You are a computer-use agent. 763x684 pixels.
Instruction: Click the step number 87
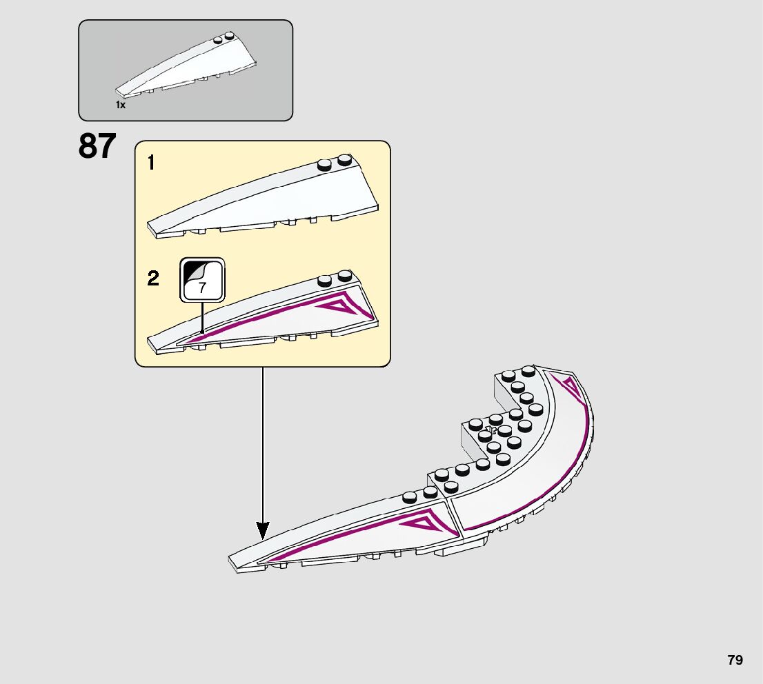click(97, 146)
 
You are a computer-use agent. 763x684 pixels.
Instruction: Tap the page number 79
click(735, 660)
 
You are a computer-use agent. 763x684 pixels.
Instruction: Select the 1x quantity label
click(121, 105)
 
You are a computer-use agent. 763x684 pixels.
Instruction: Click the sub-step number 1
click(152, 163)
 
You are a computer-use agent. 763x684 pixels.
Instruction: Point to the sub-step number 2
click(153, 279)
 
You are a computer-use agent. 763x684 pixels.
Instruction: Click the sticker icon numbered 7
click(202, 280)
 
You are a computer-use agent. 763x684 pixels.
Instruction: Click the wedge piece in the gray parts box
click(193, 66)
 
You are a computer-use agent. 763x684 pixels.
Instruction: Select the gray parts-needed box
click(186, 70)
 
